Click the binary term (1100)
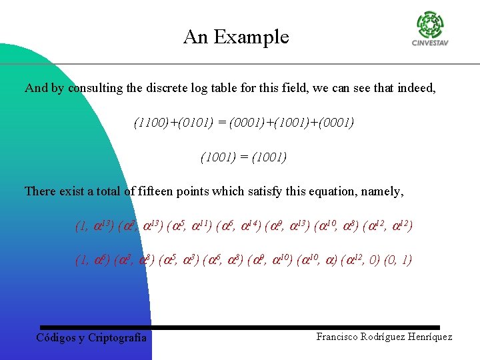(x=151, y=123)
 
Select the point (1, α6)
(x=93, y=260)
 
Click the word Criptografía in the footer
(x=117, y=338)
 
